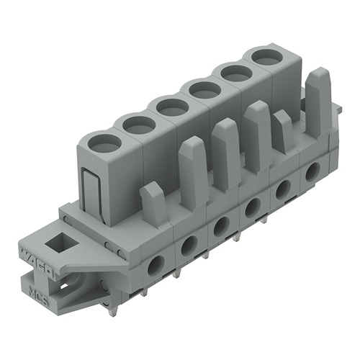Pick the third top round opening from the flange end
171,107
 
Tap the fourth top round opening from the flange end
205,89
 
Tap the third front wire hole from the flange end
220,228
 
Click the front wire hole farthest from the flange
312,172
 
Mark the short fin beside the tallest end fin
283,130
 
